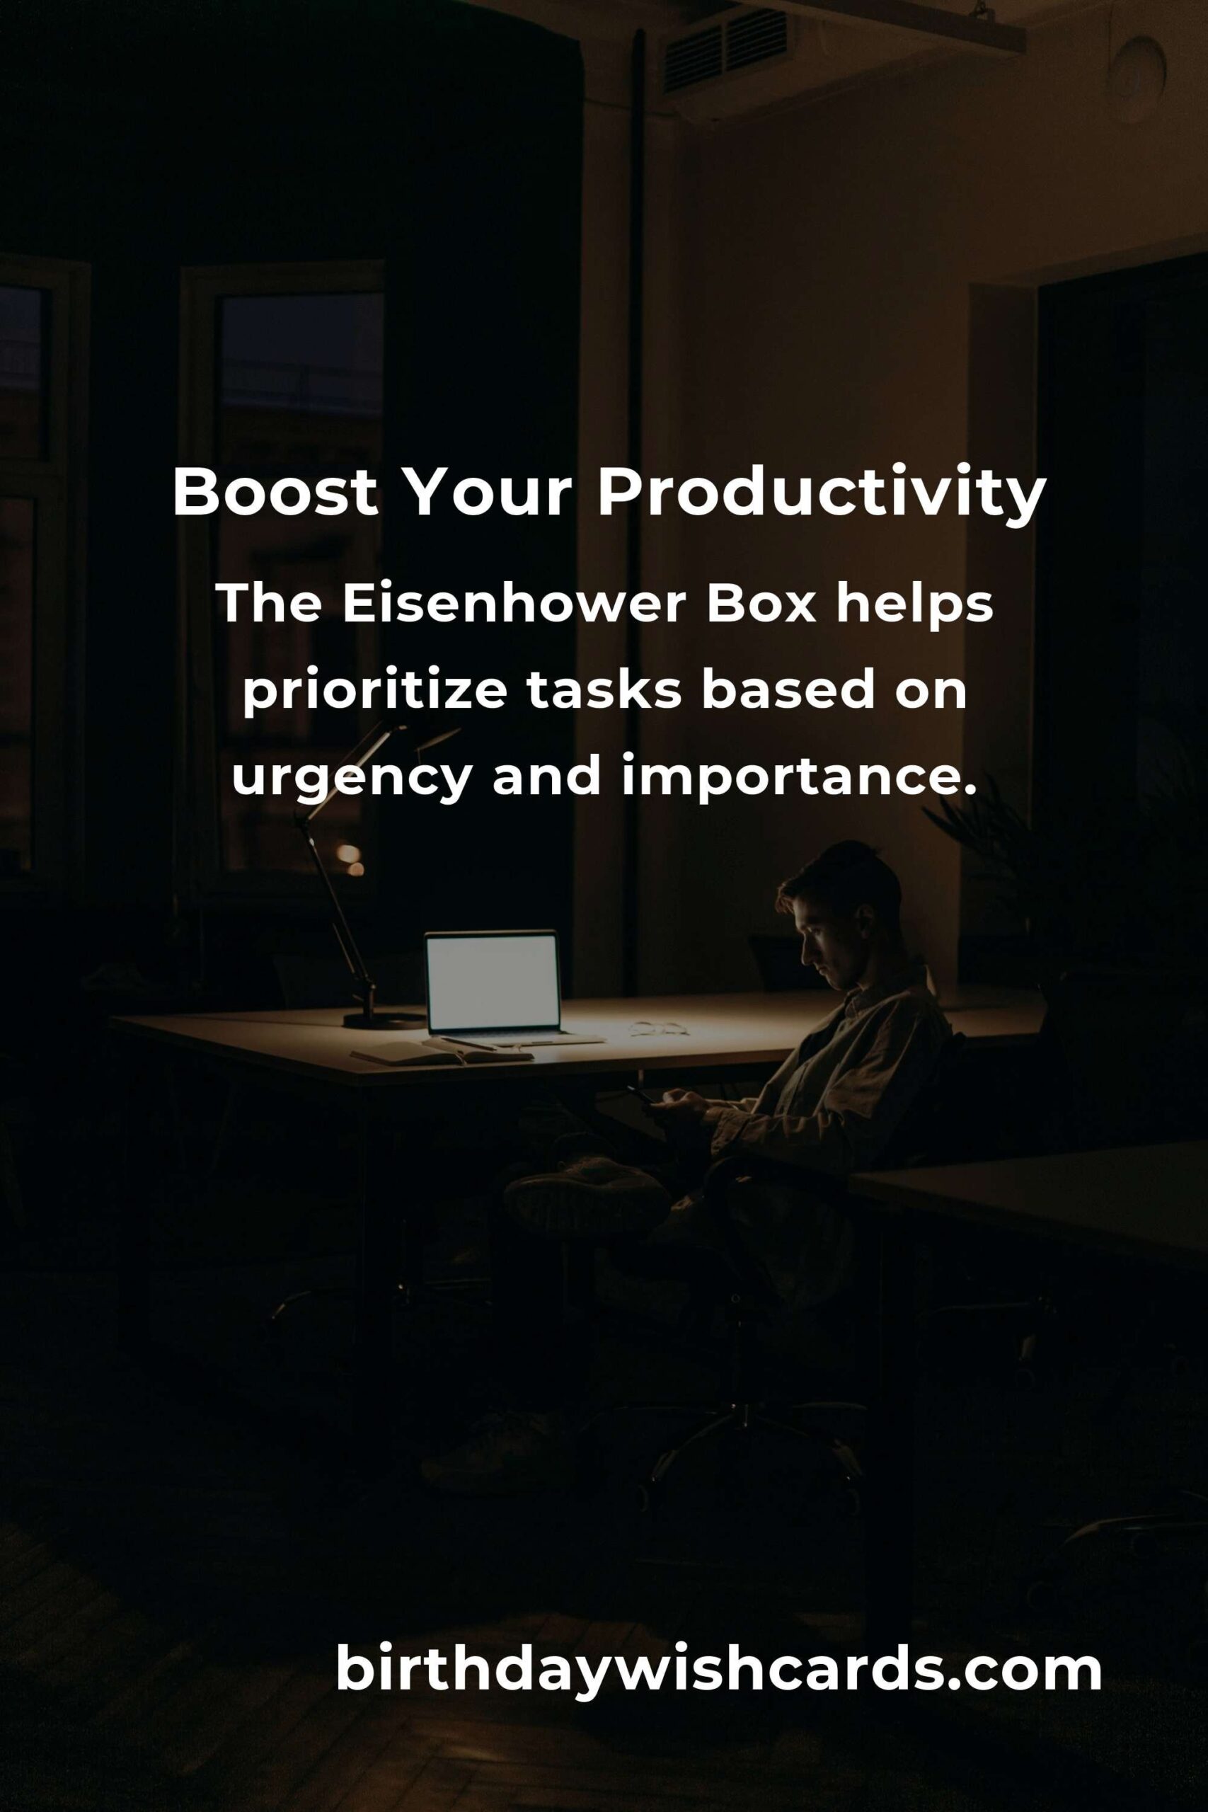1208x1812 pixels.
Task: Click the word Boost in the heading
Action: click(275, 493)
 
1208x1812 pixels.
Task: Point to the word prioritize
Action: click(374, 692)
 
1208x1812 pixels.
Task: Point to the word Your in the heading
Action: click(487, 493)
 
